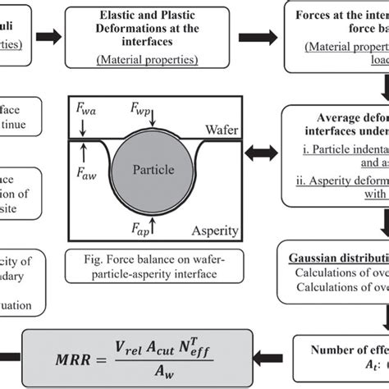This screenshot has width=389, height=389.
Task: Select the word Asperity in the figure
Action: [x=205, y=233]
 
